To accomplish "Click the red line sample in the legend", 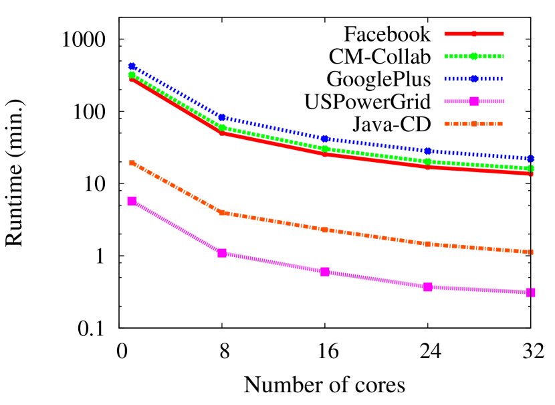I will point(473,33).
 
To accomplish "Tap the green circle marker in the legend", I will point(473,56).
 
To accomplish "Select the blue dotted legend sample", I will point(473,78).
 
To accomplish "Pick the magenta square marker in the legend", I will point(473,101).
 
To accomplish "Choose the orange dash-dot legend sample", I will point(473,124).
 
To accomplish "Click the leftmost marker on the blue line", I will point(132,66).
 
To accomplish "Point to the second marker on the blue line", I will point(222,118).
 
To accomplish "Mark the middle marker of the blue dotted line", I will point(325,139).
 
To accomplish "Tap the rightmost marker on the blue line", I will point(530,159).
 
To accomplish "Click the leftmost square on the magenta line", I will point(132,201).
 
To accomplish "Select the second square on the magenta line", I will point(222,253).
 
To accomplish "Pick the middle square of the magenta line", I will point(325,272).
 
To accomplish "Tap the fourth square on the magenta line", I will point(428,287).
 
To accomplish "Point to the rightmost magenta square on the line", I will point(530,293).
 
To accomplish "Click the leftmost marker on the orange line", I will point(132,163).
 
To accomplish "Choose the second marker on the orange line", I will point(222,212).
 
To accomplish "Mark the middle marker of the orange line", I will point(325,230).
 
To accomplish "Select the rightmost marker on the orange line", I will point(530,252).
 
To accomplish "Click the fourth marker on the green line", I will point(428,161).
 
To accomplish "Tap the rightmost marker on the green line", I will point(530,168).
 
